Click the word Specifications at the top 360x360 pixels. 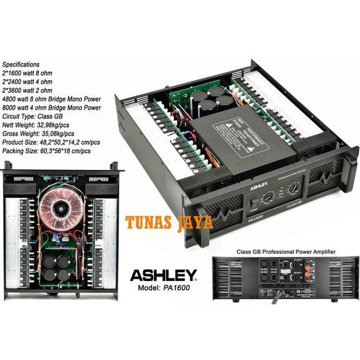tap(21, 64)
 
